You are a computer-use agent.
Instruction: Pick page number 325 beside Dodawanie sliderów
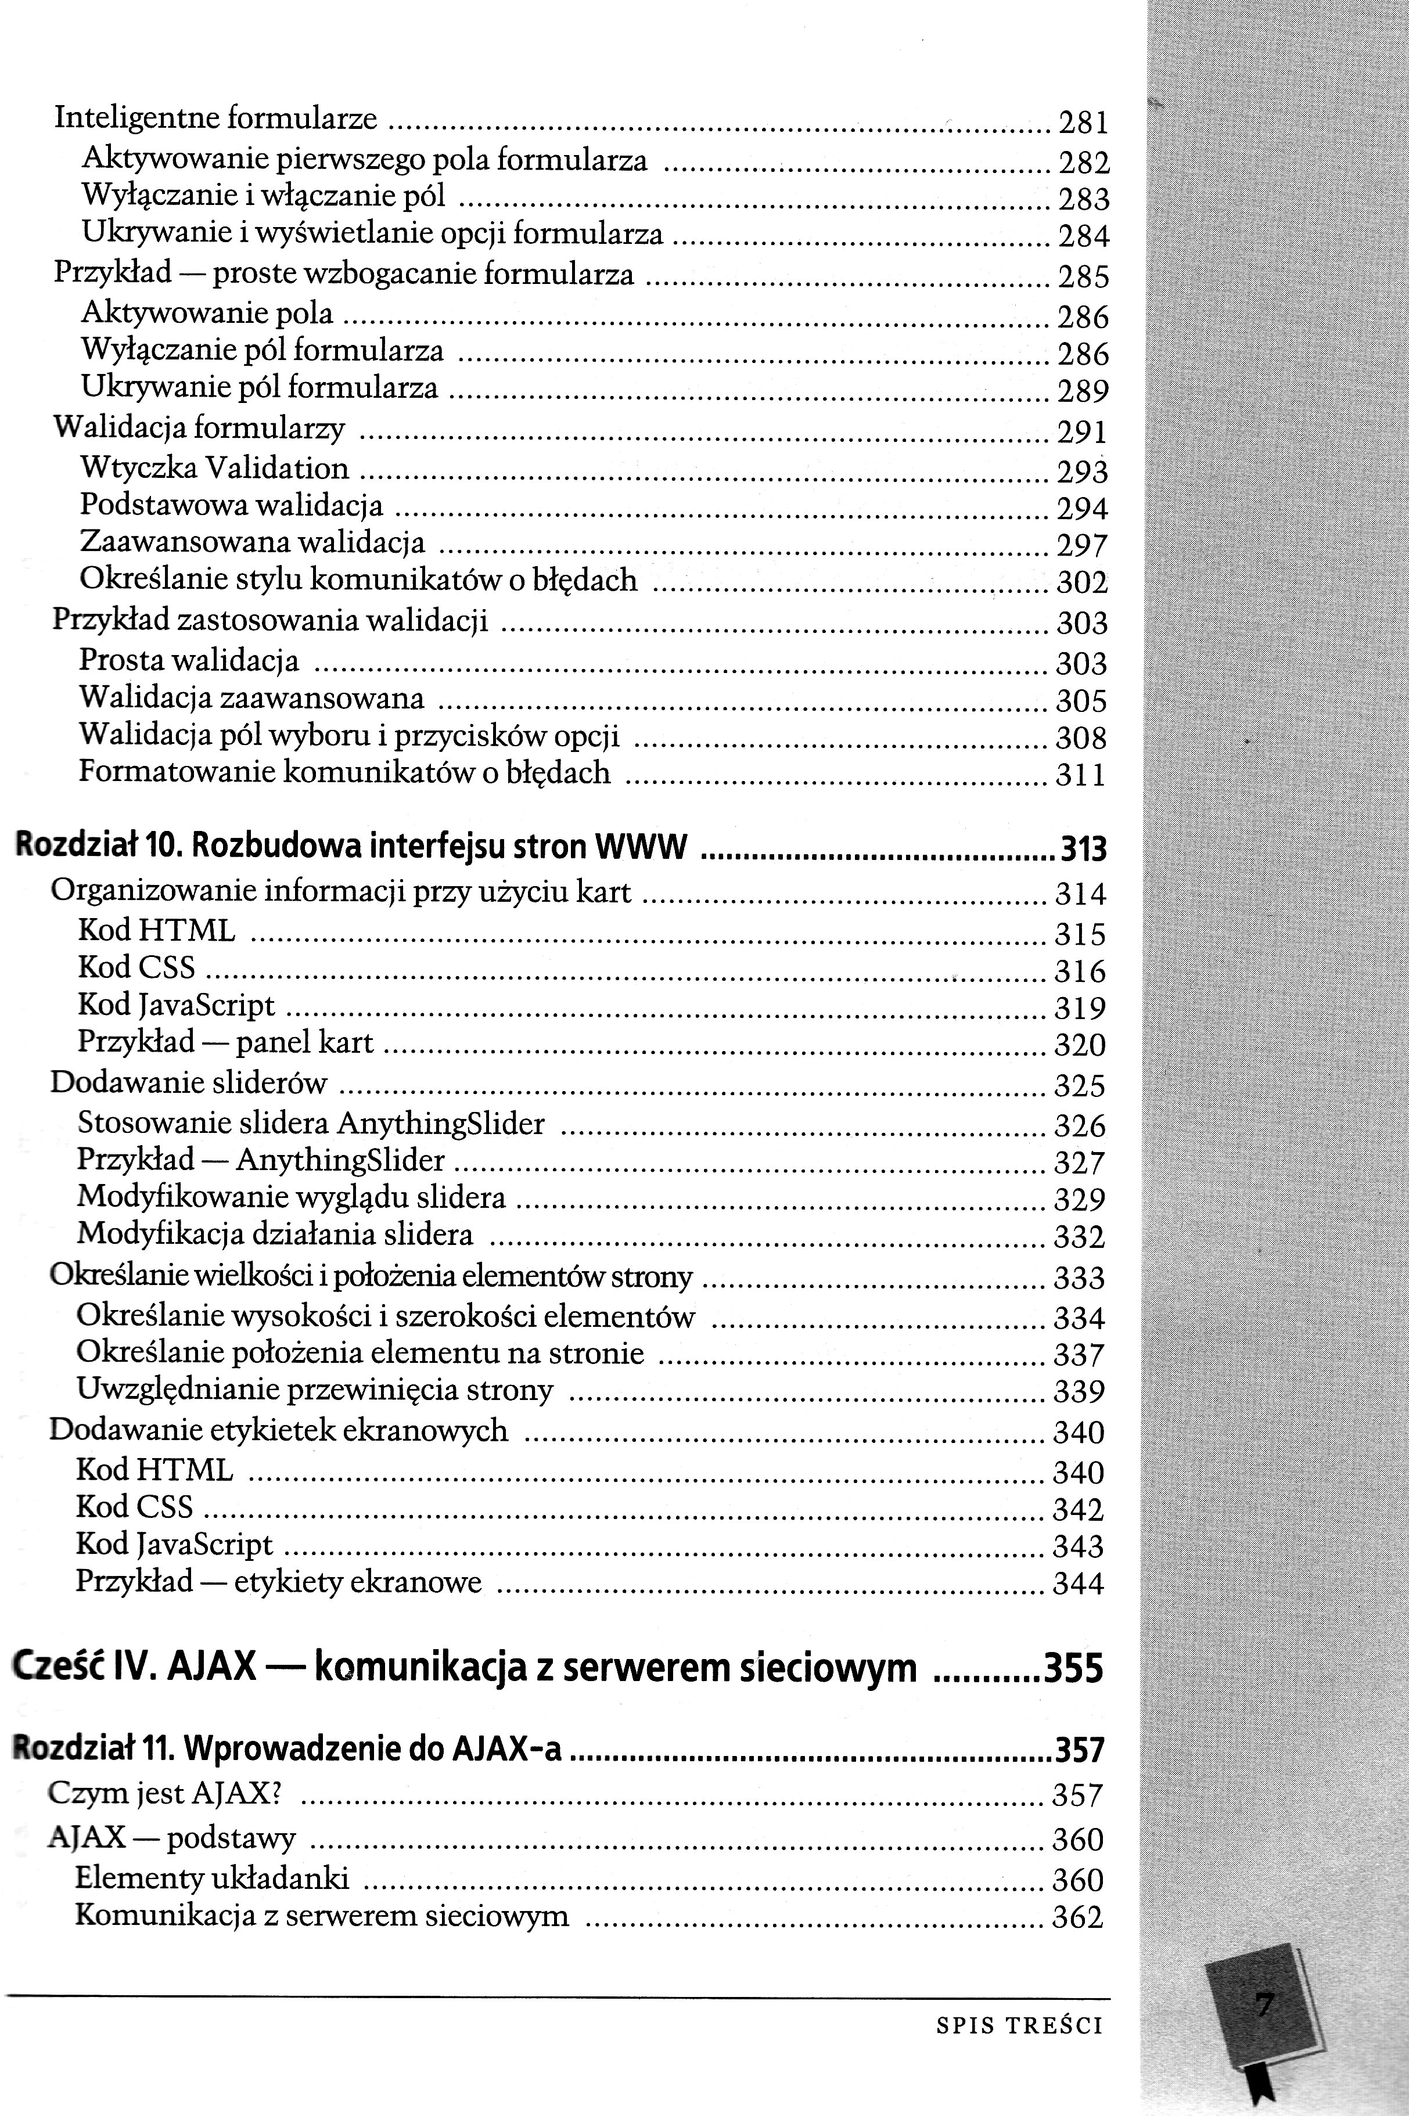tap(1079, 1085)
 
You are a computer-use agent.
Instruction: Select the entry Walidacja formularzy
tap(199, 428)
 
